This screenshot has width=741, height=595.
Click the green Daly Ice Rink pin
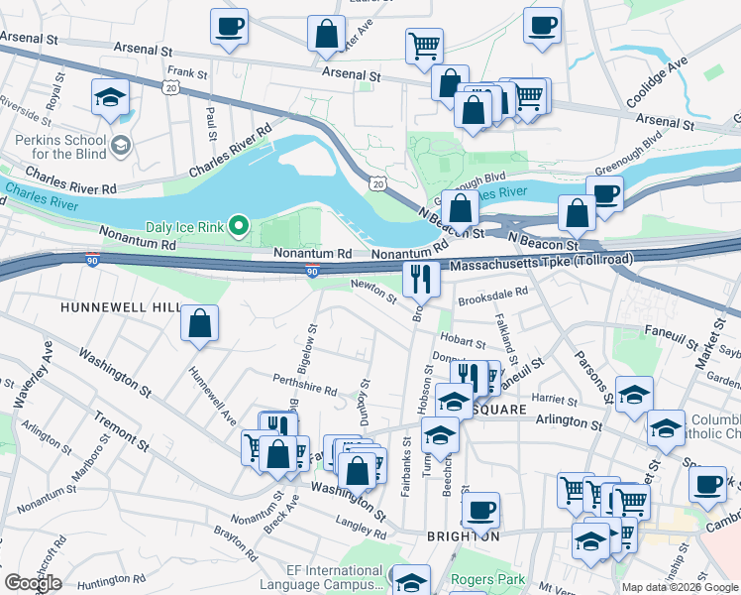tap(238, 227)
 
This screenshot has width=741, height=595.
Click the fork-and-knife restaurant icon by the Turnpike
tap(421, 281)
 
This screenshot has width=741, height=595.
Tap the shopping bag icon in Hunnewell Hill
tap(200, 323)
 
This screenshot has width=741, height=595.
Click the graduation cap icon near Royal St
tap(111, 97)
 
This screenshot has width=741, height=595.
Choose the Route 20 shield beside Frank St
tap(171, 88)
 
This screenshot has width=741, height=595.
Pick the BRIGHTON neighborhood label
tap(463, 535)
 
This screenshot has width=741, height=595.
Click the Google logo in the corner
tap(33, 583)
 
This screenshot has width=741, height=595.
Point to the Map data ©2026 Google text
tap(680, 587)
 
